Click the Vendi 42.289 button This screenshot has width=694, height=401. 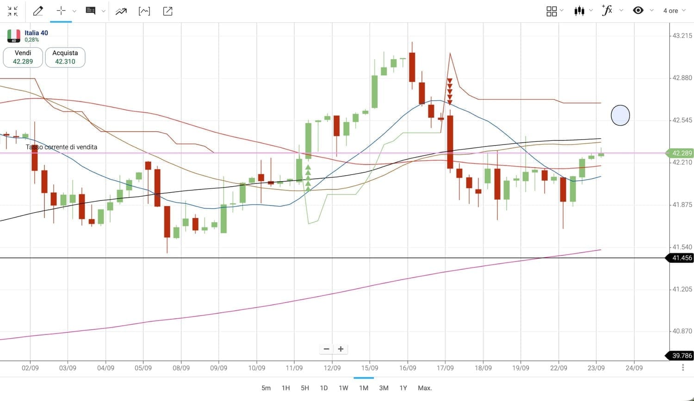click(x=23, y=57)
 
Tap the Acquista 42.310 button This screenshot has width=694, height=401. click(x=65, y=57)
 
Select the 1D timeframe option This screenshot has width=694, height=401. click(x=324, y=388)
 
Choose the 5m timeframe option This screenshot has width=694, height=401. click(x=266, y=388)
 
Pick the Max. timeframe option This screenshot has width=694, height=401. click(x=425, y=388)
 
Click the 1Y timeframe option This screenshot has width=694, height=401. click(x=403, y=388)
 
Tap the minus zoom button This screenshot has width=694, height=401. click(x=327, y=349)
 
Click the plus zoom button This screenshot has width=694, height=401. click(x=341, y=349)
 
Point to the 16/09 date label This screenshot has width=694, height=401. click(x=408, y=368)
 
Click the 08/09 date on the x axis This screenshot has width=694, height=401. click(x=181, y=368)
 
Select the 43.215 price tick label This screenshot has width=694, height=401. click(x=682, y=36)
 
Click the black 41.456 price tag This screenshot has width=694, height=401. click(x=681, y=258)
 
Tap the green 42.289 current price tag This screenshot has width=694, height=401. click(x=681, y=153)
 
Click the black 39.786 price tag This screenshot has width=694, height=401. click(x=681, y=356)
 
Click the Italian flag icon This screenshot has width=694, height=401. click(x=14, y=36)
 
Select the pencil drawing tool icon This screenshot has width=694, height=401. click(x=38, y=11)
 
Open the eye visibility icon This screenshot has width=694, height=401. click(x=638, y=10)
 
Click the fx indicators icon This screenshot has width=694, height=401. click(x=607, y=10)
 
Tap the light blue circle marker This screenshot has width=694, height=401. click(x=620, y=115)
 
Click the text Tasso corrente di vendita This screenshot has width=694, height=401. click(x=62, y=147)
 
